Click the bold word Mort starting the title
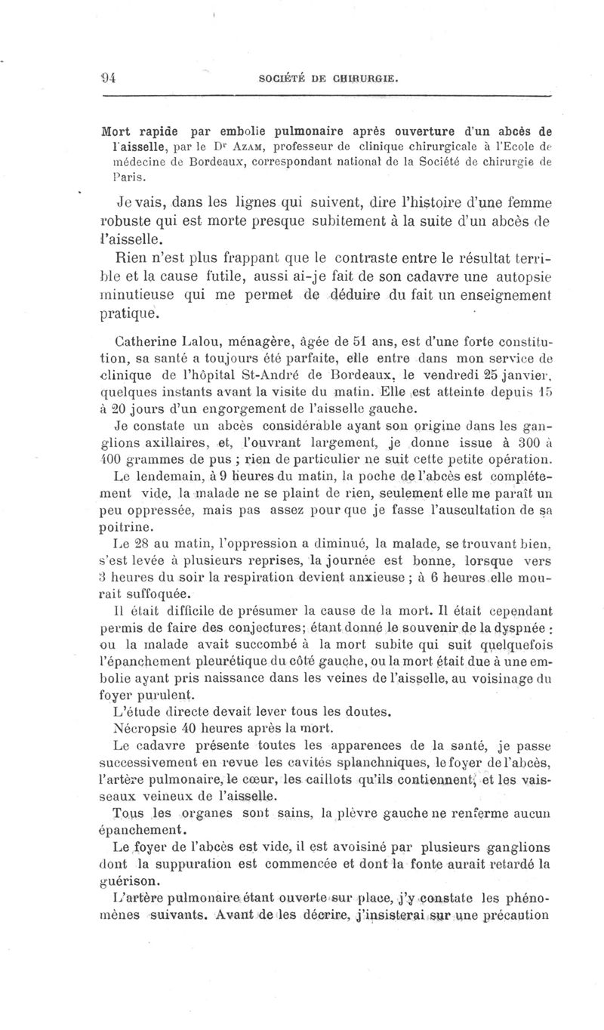coord(122,128)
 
